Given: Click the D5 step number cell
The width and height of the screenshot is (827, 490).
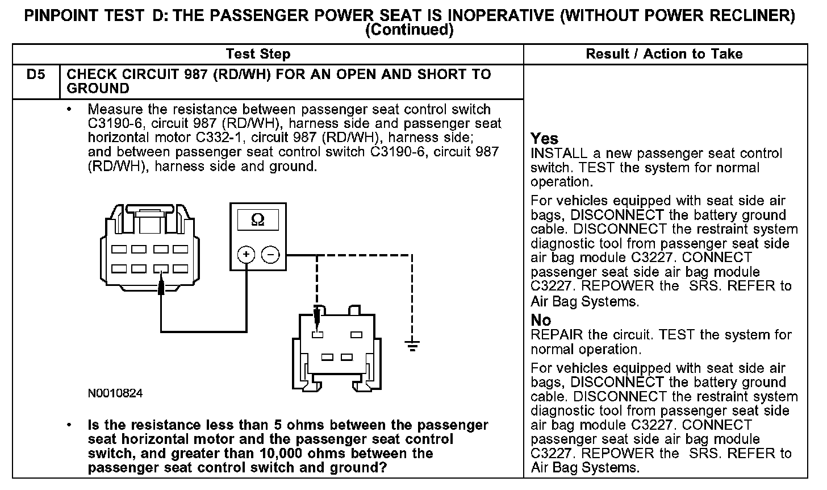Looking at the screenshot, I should pos(35,74).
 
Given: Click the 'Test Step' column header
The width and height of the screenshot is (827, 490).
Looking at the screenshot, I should pos(258,54).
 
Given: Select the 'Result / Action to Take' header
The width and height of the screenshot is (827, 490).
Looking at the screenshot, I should pos(664,54).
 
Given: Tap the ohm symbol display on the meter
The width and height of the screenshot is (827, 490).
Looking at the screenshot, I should pos(257,220).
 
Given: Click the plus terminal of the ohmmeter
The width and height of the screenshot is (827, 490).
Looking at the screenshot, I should pos(245,255).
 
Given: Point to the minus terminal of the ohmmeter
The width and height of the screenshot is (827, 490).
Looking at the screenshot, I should pos(270,255).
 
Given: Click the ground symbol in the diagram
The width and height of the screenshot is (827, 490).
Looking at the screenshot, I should pos(411,344).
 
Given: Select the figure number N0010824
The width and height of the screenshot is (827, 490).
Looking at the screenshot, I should pos(115,393).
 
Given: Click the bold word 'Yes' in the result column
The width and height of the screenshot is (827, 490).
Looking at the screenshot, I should pos(544,138).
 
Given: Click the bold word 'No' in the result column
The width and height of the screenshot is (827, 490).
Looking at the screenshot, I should pos(541,320).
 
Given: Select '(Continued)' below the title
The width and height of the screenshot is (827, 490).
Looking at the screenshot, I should pos(409,30).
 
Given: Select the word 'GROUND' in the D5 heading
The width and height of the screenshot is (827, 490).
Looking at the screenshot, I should pos(98,89).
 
